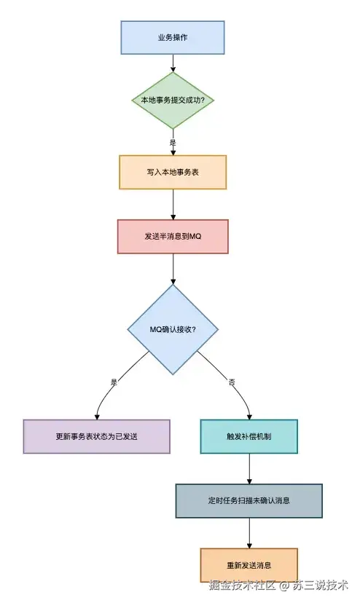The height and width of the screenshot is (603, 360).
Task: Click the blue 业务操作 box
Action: coord(173,37)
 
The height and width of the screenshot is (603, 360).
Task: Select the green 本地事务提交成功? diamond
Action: coord(173,100)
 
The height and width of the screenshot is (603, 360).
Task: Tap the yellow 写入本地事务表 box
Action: coord(173,173)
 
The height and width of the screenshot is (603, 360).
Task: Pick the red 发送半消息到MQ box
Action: coord(173,237)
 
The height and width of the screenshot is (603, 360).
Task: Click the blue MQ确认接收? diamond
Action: coord(173,329)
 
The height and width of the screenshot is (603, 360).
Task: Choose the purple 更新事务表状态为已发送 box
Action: coord(96,436)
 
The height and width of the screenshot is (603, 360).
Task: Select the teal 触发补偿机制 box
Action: coord(249,436)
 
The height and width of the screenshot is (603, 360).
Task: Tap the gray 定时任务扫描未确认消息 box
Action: coord(249,501)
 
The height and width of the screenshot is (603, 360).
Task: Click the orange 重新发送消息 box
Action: coord(249,565)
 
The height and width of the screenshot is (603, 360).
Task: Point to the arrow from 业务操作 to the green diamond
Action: coord(173,63)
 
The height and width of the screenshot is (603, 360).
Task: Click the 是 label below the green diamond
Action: coord(173,143)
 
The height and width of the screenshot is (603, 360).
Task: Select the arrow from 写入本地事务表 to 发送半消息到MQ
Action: coord(173,205)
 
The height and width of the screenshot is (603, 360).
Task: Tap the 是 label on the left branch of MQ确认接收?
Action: coord(114,382)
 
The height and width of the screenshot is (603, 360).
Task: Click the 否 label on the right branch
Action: coord(232,382)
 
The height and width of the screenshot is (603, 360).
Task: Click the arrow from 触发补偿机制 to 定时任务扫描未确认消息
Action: coord(249,469)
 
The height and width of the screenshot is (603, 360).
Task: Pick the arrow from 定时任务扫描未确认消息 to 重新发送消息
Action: coord(249,533)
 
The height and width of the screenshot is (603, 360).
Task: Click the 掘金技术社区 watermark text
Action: coord(241,585)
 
